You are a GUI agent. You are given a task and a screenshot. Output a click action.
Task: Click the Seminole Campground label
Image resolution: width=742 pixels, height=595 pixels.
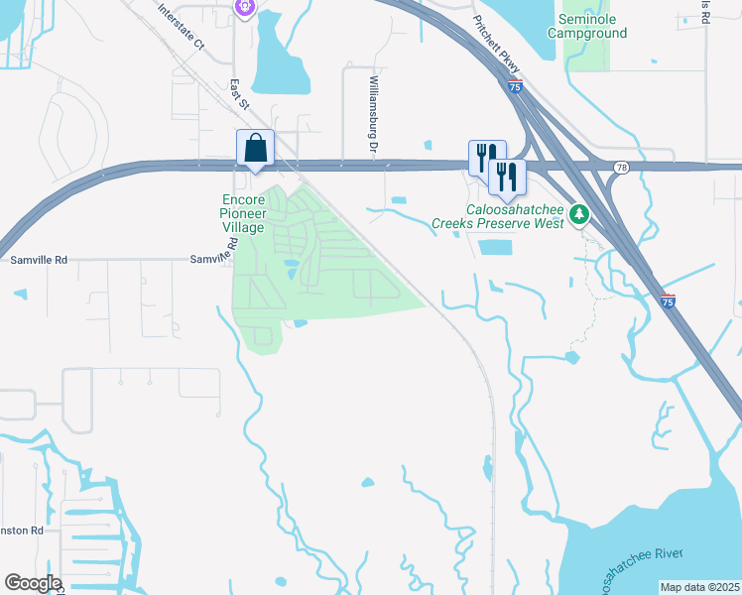593,26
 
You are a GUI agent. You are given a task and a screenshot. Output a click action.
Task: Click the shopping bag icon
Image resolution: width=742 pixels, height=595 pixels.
255,148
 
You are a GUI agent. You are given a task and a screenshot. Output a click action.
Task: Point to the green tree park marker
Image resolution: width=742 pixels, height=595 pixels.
578,213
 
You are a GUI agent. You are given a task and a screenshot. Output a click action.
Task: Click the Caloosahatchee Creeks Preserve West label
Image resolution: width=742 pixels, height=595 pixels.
498,216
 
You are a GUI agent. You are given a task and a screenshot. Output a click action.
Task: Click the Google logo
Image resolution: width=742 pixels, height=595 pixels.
33,583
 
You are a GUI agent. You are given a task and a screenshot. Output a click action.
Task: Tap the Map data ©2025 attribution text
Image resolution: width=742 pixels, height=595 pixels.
698,587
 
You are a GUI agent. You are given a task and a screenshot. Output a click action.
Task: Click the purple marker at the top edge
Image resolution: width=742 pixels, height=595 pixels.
246,6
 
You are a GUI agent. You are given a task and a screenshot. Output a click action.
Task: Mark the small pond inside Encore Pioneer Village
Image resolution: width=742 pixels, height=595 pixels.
291,268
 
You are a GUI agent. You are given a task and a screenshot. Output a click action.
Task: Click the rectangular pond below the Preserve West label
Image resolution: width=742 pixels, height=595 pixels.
495,247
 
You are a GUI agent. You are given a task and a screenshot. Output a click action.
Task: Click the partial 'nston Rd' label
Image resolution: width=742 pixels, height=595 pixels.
22,531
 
